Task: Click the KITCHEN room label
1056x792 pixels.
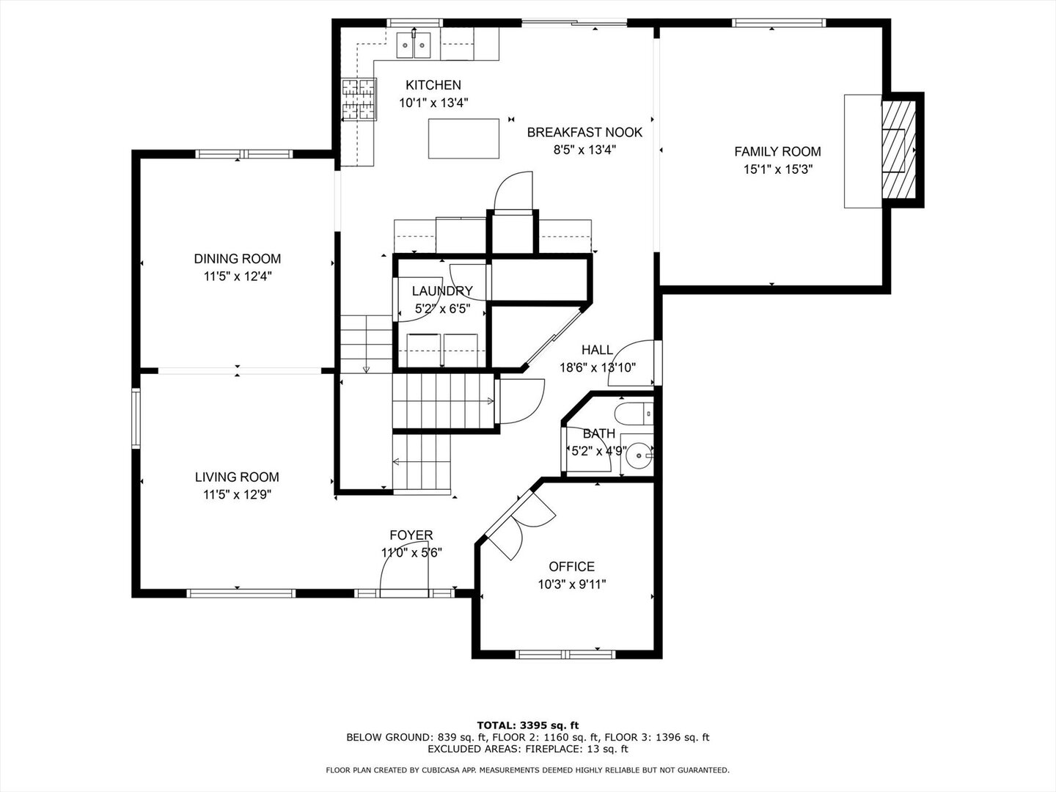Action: click(x=433, y=85)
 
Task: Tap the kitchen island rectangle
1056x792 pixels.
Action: click(x=463, y=139)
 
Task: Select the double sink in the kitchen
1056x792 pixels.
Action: click(x=414, y=45)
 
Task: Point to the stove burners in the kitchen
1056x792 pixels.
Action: click(x=359, y=99)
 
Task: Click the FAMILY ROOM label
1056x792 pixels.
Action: click(x=777, y=152)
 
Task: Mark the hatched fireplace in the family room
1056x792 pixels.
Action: click(x=898, y=150)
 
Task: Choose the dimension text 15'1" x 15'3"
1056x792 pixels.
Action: click(x=778, y=169)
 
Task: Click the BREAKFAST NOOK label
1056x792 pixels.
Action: click(x=584, y=132)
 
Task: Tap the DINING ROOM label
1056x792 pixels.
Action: click(x=237, y=259)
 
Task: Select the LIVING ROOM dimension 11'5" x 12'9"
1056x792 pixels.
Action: click(x=237, y=495)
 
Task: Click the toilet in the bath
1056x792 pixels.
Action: click(x=634, y=414)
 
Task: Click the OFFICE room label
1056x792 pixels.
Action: click(x=571, y=566)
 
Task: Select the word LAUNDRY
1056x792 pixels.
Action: click(x=442, y=291)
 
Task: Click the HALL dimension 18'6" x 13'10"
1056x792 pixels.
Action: click(x=598, y=368)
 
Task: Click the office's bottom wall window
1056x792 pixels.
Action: click(x=565, y=654)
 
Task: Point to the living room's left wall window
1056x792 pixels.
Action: click(x=136, y=418)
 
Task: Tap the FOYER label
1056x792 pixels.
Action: click(x=411, y=535)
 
